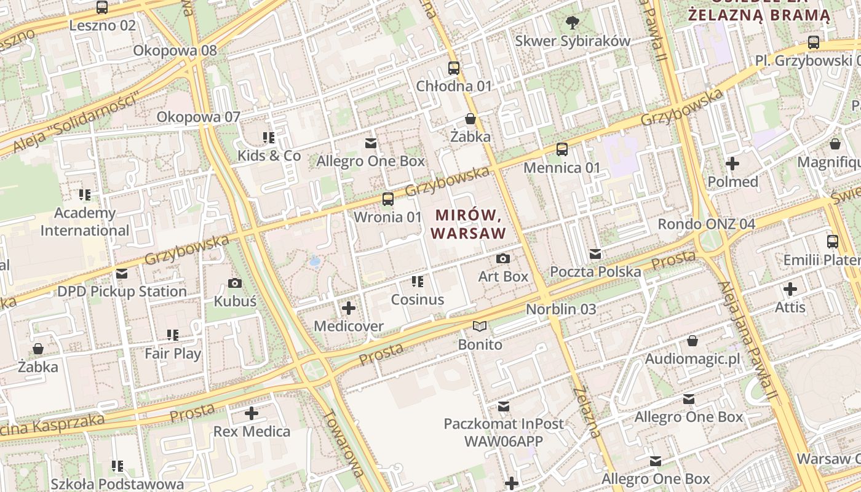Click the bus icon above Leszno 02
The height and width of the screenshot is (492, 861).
(102, 7)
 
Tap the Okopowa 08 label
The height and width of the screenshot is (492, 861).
(175, 50)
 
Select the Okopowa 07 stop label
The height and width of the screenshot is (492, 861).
(198, 117)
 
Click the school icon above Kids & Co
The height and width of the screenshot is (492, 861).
(269, 137)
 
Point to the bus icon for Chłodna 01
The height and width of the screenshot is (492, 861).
(454, 68)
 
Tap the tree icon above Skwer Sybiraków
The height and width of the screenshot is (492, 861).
(573, 23)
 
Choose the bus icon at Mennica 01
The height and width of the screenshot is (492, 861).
(562, 149)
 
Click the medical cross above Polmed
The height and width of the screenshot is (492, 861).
(732, 164)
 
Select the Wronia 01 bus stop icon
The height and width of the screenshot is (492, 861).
(388, 199)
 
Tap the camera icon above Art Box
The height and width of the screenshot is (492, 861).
(503, 258)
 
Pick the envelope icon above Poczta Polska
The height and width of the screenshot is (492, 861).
(595, 253)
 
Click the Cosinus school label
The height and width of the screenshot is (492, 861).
(418, 300)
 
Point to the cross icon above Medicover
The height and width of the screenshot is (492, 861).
(349, 307)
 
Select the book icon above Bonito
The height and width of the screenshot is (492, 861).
(480, 326)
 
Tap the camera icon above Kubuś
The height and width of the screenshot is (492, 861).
(234, 283)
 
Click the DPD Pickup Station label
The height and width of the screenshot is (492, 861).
(122, 291)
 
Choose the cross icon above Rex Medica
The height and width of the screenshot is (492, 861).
(252, 413)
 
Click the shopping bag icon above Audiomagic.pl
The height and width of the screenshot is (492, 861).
(692, 341)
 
